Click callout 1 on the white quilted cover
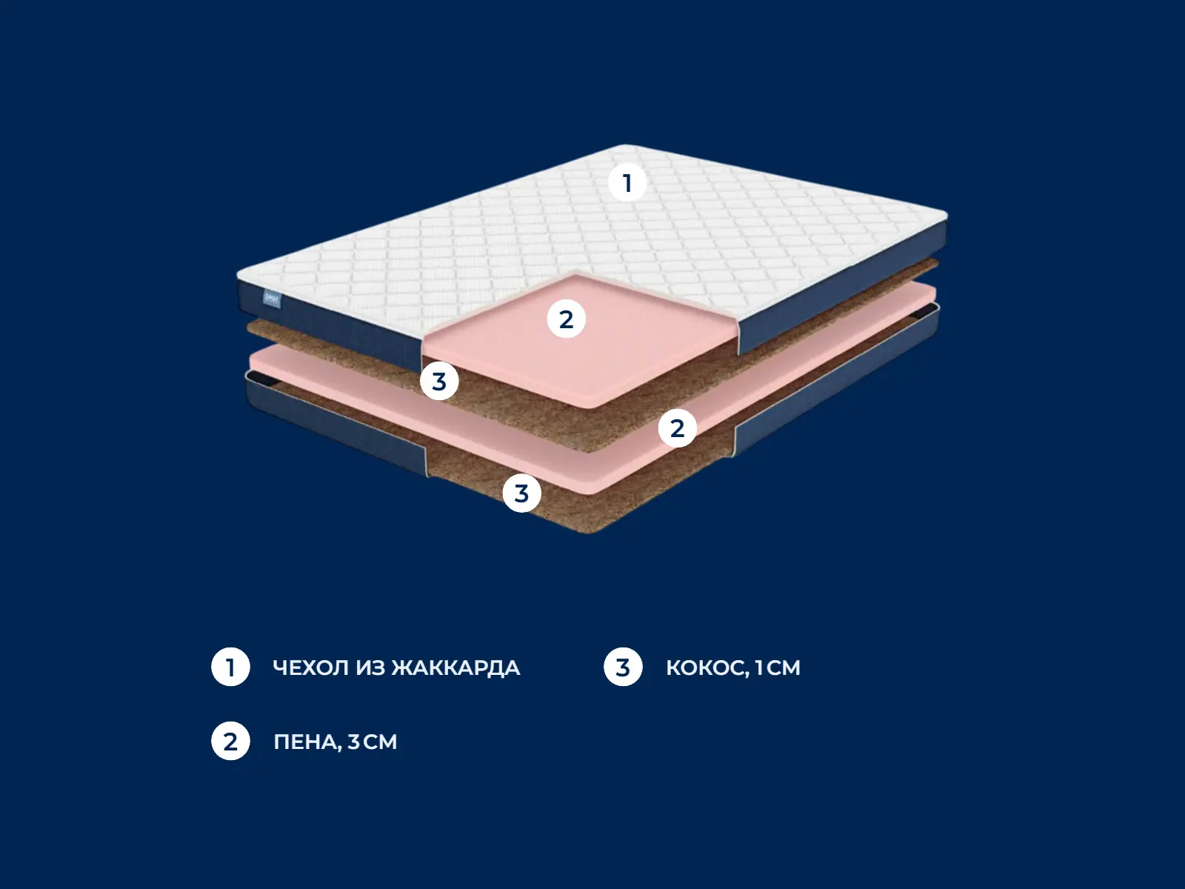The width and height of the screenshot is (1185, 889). coord(627,182)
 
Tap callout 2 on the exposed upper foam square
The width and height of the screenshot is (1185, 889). coord(567,319)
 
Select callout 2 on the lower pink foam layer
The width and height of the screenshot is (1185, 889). coord(678,428)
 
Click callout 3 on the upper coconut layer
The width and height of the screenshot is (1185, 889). coord(439,381)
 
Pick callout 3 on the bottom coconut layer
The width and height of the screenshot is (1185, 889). coord(522,493)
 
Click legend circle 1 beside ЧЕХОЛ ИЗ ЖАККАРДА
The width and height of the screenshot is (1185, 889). coord(230,667)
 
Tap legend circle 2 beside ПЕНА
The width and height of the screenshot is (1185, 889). coord(230,741)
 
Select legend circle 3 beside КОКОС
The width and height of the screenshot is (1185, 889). coord(623,667)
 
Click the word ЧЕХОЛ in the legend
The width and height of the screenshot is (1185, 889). coord(311,667)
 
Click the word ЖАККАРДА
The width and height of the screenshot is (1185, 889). coord(455,668)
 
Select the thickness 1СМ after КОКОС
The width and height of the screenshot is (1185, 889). coord(778,667)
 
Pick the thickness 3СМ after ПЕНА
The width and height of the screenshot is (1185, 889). coord(373,742)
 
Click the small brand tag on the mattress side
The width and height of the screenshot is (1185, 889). coord(272,299)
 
